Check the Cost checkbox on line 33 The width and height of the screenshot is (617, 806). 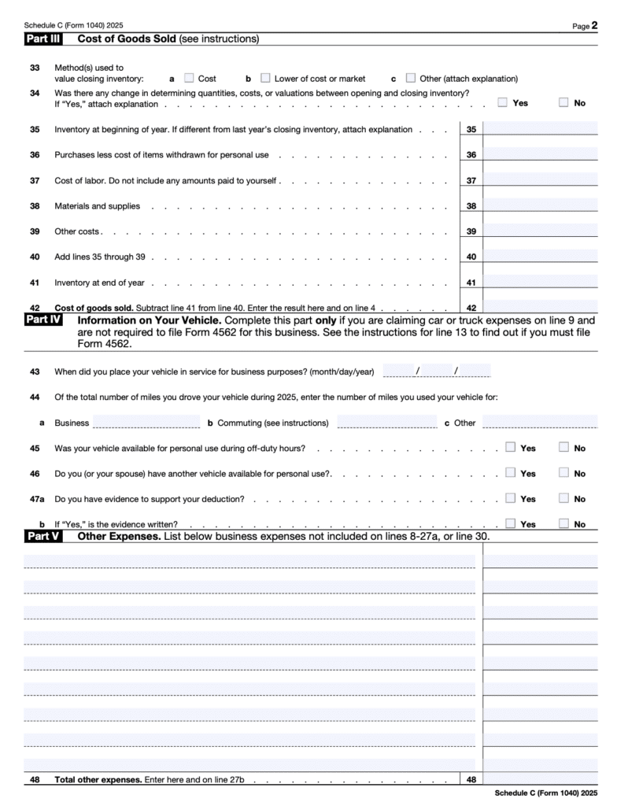189,78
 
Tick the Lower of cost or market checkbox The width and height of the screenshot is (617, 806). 265,78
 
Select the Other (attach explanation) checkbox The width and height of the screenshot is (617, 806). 411,78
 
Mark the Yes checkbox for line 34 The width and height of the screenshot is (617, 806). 503,102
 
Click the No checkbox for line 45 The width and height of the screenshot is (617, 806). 563,447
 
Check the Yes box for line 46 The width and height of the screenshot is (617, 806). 510,472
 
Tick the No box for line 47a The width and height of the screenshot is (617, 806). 563,497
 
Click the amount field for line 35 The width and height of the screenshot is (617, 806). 540,129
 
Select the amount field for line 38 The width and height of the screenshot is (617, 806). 540,205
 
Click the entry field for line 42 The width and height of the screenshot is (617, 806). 540,307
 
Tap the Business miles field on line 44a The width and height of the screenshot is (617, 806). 146,422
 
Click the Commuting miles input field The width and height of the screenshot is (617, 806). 386,422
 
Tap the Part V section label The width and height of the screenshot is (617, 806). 43,536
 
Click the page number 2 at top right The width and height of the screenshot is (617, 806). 606,25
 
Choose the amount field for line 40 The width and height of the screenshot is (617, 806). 540,257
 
